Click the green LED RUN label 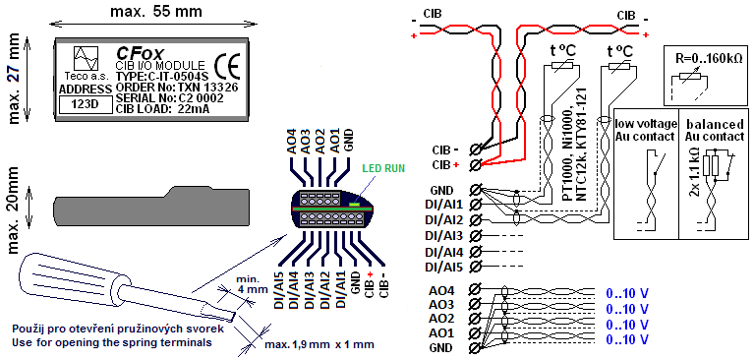click(383, 168)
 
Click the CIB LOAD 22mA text click(162, 109)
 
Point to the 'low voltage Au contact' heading click(645, 130)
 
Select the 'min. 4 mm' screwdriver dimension click(248, 284)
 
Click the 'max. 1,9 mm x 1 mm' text click(319, 345)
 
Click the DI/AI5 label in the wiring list click(446, 267)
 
